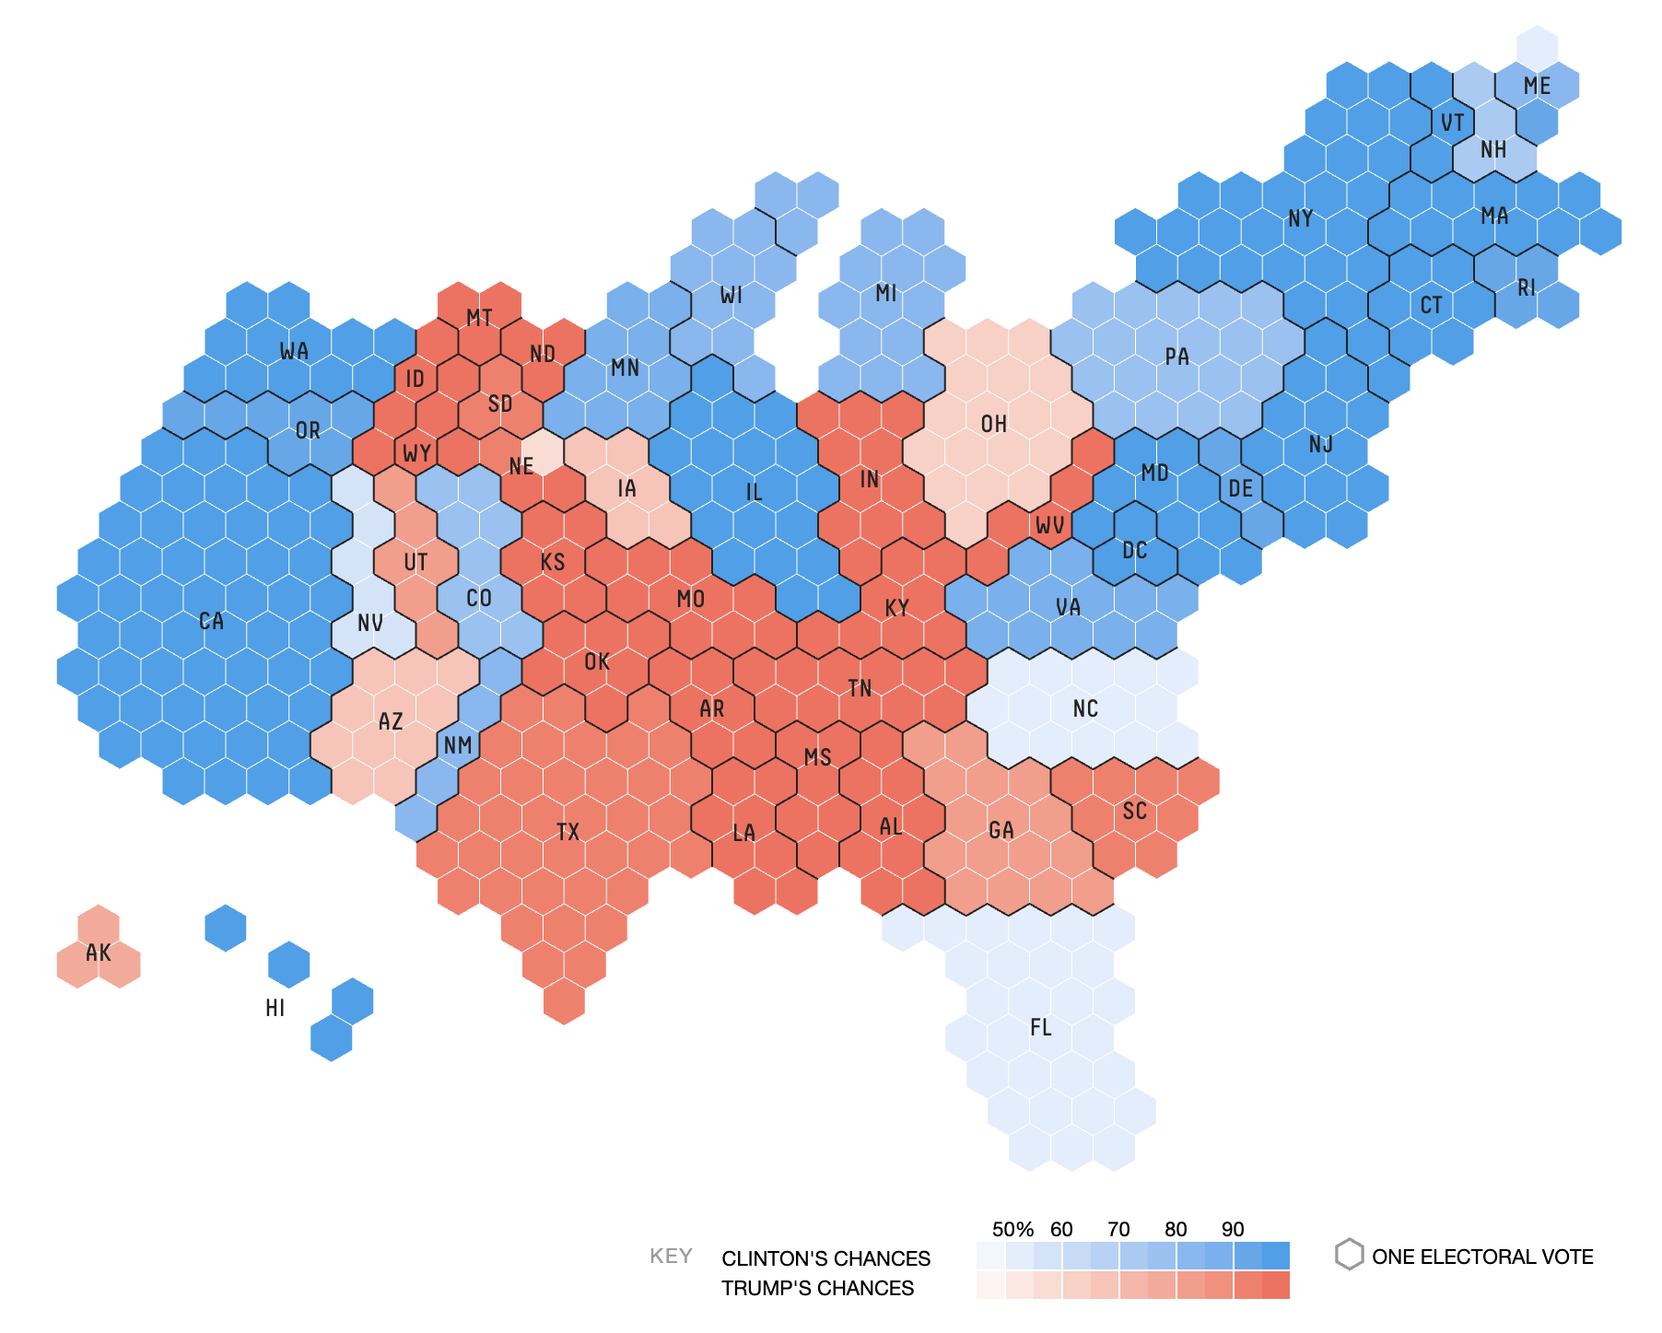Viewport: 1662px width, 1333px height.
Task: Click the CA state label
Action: point(211,621)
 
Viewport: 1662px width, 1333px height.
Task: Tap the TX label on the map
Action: point(568,832)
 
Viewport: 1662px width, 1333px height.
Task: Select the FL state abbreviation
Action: point(1040,1027)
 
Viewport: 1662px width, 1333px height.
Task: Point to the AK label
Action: point(98,953)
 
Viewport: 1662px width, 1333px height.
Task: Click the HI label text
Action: point(275,1008)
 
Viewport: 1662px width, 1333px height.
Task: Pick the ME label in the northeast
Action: point(1537,86)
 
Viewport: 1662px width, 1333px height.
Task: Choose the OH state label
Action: point(993,424)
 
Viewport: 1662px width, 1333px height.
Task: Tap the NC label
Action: point(1085,708)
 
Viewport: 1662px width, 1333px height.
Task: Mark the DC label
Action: point(1134,551)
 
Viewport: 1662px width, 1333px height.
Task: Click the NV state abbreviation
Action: point(369,623)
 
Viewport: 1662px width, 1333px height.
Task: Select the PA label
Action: point(1176,357)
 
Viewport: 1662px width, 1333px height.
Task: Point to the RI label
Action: point(1527,287)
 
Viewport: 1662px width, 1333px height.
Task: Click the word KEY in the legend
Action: point(671,1257)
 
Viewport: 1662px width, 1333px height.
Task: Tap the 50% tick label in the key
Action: point(1012,1229)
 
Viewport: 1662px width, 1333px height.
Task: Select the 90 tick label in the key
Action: point(1233,1229)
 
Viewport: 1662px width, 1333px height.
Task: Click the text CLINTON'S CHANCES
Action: point(825,1258)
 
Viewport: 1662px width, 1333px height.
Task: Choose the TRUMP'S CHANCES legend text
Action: point(817,1288)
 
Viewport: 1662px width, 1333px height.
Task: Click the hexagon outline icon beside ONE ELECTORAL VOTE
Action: point(1349,1255)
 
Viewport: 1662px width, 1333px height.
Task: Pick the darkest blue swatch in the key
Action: point(1276,1256)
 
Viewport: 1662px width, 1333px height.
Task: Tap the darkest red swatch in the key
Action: point(1276,1285)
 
